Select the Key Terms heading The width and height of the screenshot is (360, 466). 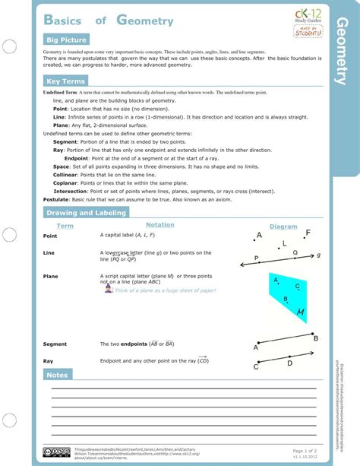pos(65,81)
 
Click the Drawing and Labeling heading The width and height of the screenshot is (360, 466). pos(86,213)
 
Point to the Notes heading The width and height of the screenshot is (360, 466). pos(58,375)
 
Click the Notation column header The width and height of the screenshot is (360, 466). pos(159,225)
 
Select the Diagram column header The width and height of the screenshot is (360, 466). pos(283,227)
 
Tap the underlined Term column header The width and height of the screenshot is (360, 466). pos(65,227)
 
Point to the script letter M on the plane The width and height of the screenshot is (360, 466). pos(301,312)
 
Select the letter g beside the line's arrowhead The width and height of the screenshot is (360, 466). pos(319,255)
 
